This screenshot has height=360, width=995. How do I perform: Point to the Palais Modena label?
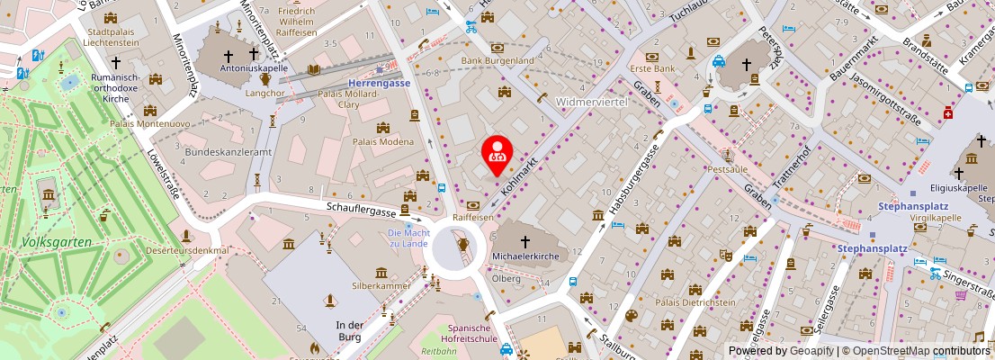(x=383, y=142)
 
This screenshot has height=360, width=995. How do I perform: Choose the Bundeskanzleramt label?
(x=215, y=153)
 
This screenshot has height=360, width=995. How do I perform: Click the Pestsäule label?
(x=729, y=168)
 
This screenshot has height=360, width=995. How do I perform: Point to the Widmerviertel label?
(x=592, y=101)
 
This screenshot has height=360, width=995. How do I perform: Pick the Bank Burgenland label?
(x=497, y=60)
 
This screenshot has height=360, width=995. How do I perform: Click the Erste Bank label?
(x=652, y=68)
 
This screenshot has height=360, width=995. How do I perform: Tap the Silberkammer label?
(x=381, y=285)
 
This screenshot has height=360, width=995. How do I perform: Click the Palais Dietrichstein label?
(x=695, y=302)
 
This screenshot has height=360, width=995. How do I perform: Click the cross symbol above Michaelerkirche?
(x=526, y=242)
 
